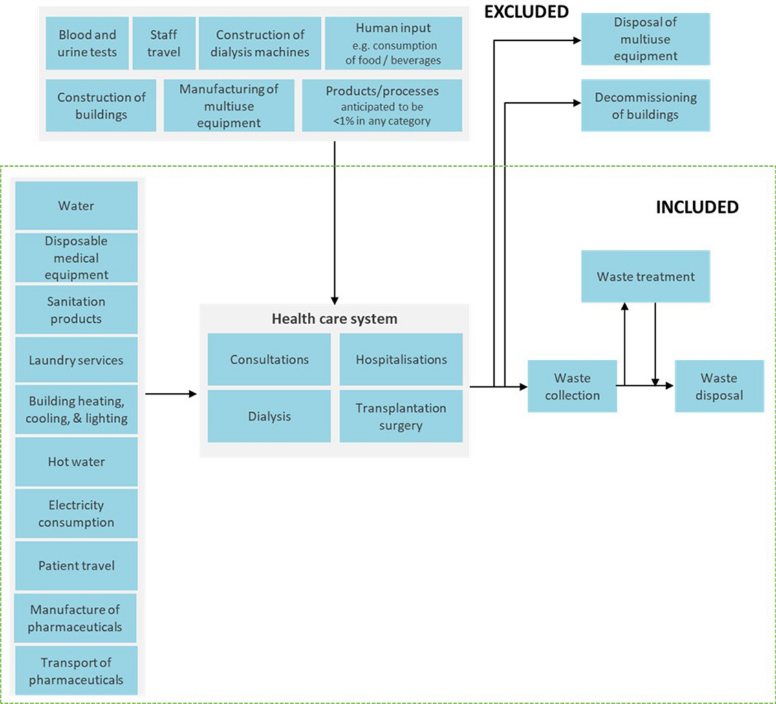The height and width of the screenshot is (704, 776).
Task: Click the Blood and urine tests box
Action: [x=87, y=43]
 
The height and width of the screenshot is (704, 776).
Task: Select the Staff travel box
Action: [x=163, y=43]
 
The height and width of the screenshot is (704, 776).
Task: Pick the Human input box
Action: [x=393, y=43]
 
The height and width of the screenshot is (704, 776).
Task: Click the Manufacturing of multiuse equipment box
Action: [x=228, y=105]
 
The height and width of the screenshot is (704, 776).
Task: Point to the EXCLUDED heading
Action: [x=526, y=12]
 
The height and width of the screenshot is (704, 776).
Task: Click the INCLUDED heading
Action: [x=697, y=207]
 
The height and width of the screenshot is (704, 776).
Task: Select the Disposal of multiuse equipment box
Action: [x=645, y=39]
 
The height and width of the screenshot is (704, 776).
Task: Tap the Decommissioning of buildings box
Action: [x=645, y=106]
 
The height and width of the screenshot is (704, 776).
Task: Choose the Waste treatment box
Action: [x=645, y=277]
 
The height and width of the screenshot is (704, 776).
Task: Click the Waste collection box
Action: [x=572, y=386]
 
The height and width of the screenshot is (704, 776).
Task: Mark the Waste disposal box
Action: [x=718, y=386]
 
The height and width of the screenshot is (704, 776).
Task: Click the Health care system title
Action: [x=334, y=319]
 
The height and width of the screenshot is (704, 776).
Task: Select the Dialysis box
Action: [x=269, y=416]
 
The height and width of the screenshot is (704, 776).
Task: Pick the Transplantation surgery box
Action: [x=401, y=417]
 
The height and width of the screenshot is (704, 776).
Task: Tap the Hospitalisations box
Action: [x=401, y=360]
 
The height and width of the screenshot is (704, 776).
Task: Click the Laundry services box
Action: [x=76, y=360]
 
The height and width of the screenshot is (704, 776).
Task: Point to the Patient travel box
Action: [x=76, y=566]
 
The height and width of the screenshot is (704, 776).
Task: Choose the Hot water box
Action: [x=76, y=462]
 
